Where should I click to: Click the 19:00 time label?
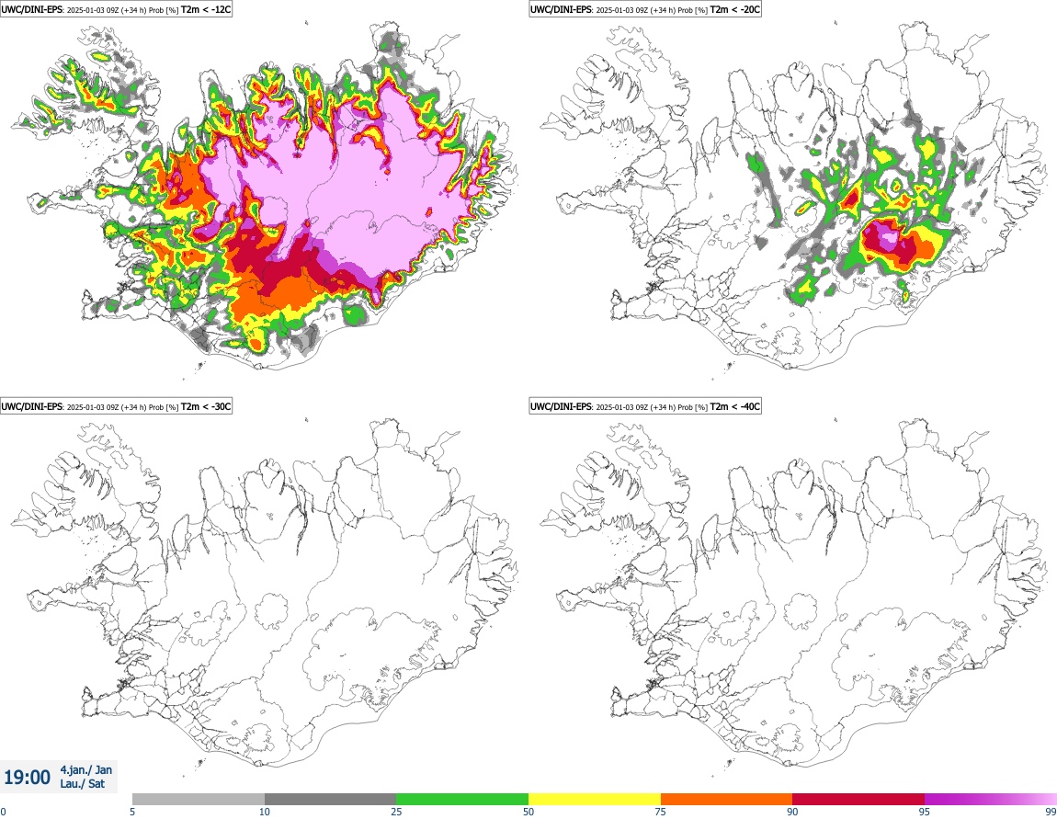point(28,778)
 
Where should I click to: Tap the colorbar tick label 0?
point(3,812)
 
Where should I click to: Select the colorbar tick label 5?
point(132,812)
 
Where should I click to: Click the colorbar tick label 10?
point(264,812)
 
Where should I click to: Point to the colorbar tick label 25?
point(396,812)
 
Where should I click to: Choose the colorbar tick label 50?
point(528,812)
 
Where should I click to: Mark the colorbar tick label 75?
point(661,812)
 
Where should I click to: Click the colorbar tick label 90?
point(792,812)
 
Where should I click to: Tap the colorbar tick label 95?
point(924,812)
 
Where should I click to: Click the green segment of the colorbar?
point(462,799)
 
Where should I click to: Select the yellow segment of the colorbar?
point(595,799)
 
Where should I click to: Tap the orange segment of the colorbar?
point(726,799)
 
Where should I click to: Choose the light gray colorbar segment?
point(199,799)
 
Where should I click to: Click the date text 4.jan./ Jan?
point(85,770)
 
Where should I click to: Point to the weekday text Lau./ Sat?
point(84,784)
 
